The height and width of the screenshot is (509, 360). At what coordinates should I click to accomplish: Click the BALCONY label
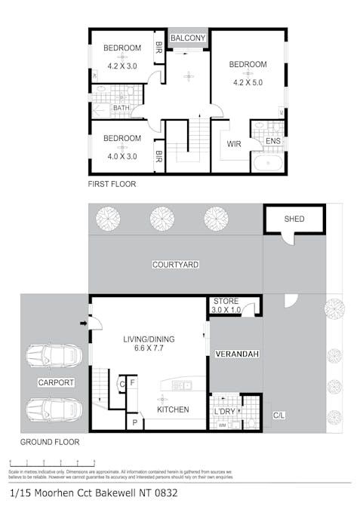[x=188, y=38]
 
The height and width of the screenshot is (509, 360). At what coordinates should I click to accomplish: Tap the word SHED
[x=294, y=219]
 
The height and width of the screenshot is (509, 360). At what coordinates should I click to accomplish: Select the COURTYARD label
[x=175, y=265]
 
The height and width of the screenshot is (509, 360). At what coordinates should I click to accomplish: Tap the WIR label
[x=234, y=144]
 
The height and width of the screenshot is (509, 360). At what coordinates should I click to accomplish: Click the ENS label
[x=272, y=142]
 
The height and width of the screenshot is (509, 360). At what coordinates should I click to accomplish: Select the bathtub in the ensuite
[x=267, y=164]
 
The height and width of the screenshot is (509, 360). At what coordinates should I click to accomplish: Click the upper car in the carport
[x=54, y=355]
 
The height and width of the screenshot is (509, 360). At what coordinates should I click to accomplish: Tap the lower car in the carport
[x=54, y=409]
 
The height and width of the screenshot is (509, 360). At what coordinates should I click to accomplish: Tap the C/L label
[x=278, y=415]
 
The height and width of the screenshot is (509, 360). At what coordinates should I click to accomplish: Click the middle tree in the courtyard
[x=162, y=219]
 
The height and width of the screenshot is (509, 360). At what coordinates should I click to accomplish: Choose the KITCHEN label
[x=172, y=409]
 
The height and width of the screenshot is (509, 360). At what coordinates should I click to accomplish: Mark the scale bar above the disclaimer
[x=51, y=463]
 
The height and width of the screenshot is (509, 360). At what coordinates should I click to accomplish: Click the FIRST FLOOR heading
[x=112, y=183]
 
